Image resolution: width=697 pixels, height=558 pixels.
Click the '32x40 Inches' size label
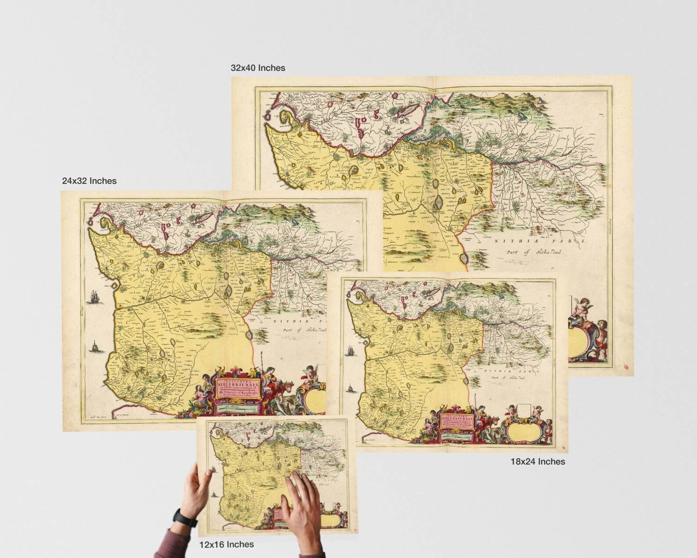(x=258, y=68)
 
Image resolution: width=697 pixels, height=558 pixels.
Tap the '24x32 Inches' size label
(x=89, y=181)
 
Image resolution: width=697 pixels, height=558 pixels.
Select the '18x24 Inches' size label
(x=537, y=462)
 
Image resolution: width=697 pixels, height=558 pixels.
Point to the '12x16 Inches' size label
(x=226, y=544)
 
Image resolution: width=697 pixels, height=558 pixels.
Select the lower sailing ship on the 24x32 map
(x=94, y=347)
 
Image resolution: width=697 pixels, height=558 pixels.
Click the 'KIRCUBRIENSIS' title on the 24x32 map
(x=237, y=384)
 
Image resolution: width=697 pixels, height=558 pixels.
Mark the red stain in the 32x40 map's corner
(x=626, y=365)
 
